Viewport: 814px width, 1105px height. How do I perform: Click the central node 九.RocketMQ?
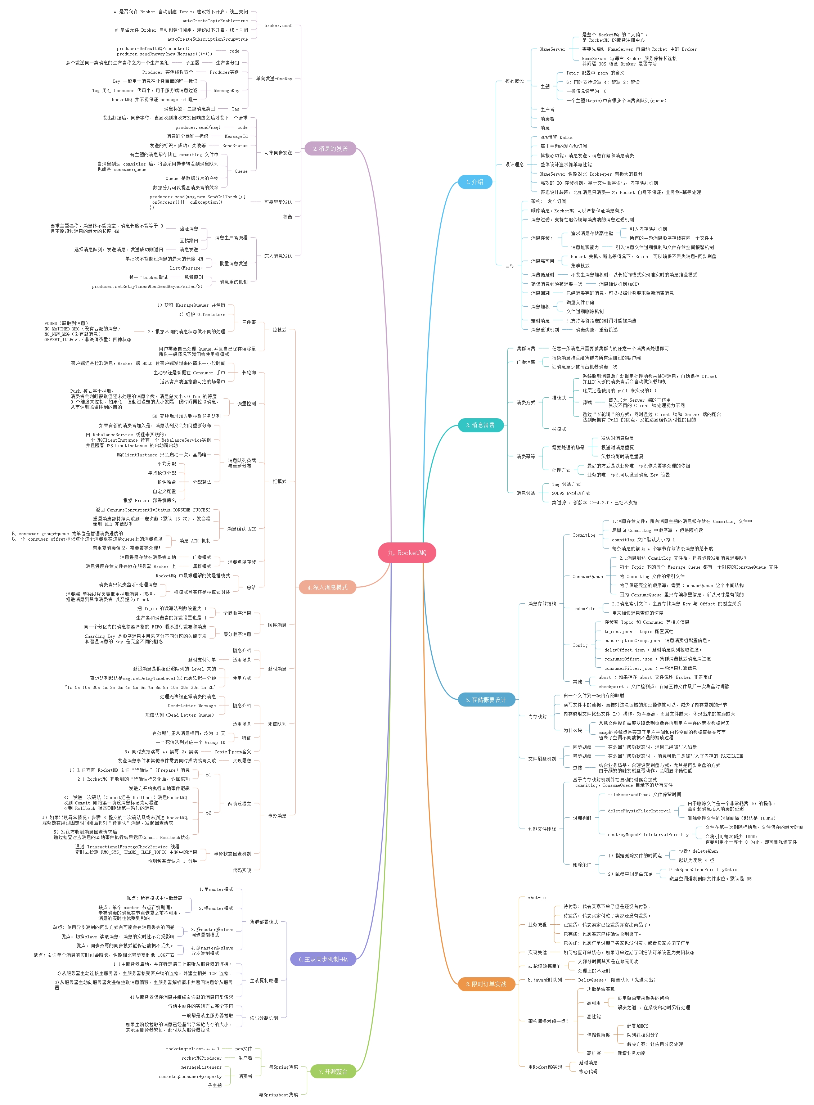click(x=406, y=553)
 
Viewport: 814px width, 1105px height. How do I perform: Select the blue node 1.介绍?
click(x=474, y=182)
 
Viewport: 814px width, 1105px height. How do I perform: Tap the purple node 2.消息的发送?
click(x=330, y=148)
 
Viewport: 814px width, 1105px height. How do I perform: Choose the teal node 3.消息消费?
click(x=480, y=425)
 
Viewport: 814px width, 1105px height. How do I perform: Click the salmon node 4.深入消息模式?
click(x=327, y=587)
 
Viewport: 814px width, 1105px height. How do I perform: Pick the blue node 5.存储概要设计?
click(x=485, y=700)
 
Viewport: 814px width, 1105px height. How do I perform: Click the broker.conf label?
click(x=278, y=26)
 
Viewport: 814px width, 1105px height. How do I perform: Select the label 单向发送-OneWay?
click(x=274, y=79)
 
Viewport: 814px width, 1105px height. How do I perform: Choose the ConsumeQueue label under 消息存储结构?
click(x=587, y=576)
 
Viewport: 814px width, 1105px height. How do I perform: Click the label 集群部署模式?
click(x=264, y=922)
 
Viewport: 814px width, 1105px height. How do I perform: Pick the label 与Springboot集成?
click(x=278, y=1095)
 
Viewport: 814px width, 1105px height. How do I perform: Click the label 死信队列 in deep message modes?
click(x=277, y=724)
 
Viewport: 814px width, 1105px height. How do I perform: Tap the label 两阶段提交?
click(x=239, y=803)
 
